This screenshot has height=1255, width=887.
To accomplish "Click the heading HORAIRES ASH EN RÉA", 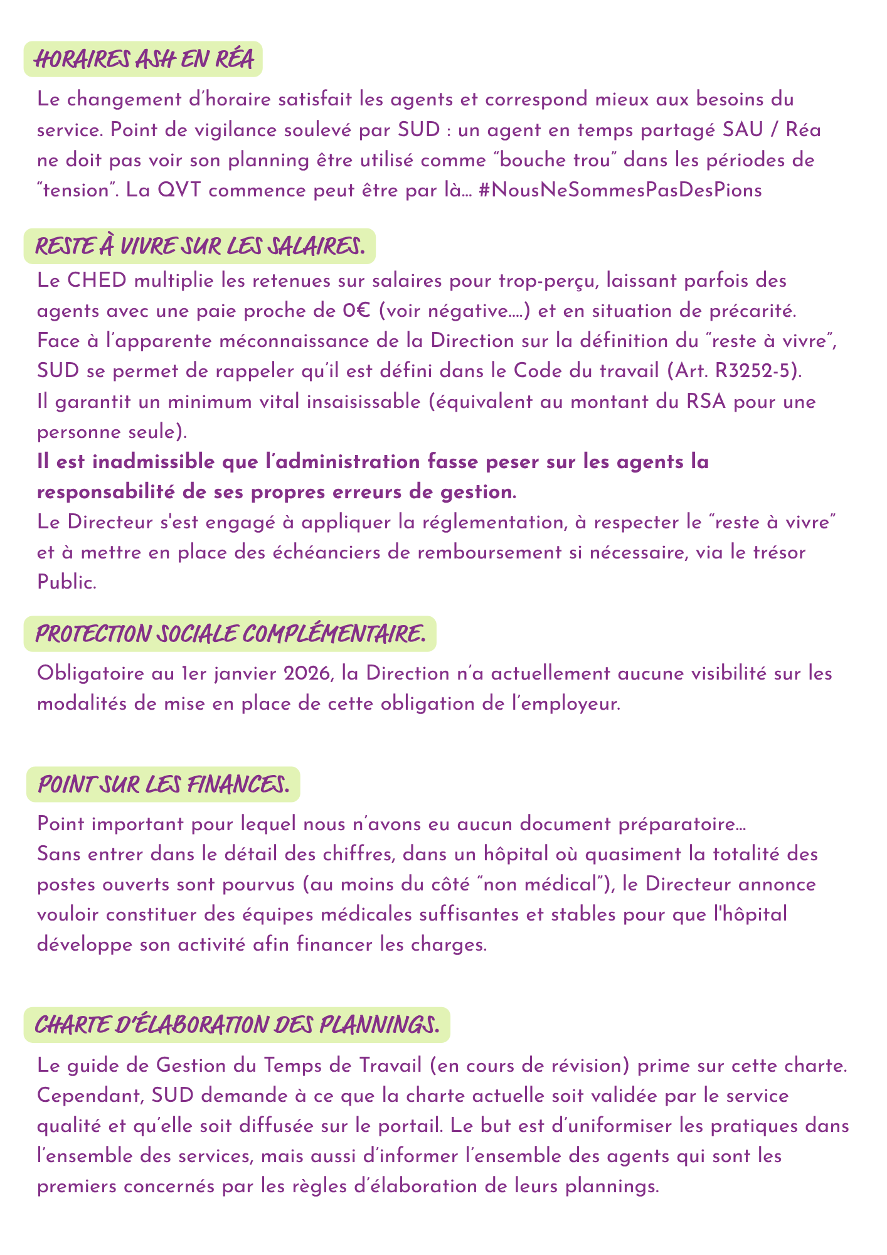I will tap(143, 60).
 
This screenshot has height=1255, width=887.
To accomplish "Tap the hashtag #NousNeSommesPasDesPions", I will tap(620, 191).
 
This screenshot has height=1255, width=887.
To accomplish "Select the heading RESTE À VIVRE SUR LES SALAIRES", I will tap(199, 246).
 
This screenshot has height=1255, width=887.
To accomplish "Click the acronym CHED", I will tap(92, 280).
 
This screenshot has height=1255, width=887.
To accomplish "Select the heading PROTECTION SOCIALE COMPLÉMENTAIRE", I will tap(230, 634).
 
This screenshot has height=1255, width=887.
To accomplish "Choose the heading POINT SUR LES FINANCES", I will tap(163, 784).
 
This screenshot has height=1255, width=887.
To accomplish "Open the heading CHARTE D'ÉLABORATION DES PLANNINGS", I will tap(236, 1025).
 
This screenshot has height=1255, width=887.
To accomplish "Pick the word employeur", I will tap(569, 704).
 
